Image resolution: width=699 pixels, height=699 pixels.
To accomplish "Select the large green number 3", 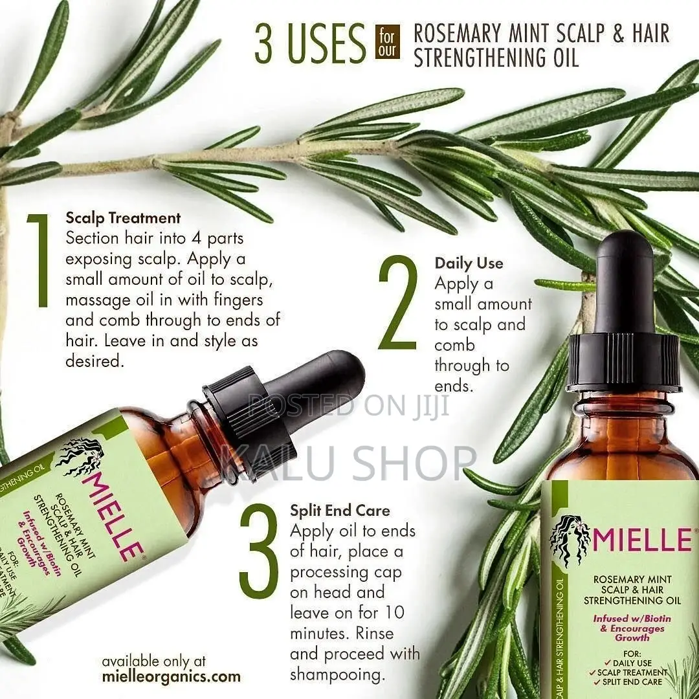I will coord(259,551).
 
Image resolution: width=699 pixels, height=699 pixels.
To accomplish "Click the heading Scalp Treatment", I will coord(123,217).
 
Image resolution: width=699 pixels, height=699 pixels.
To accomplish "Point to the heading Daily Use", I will coord(469,263).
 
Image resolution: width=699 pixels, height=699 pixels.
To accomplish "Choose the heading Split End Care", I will coord(340,511).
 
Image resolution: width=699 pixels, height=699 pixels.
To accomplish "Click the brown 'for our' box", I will coord(388,42).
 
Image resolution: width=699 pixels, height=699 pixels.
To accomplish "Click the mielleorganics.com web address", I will coord(171,677).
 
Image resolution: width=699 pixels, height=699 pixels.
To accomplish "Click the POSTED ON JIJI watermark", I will coord(349,406).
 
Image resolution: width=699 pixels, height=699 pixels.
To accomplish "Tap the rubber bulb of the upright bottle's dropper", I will coord(625,285).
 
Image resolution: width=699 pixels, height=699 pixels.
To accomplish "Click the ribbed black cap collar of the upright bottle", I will coord(623,363).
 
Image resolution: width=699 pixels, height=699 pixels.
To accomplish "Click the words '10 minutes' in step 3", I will coord(337,623).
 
